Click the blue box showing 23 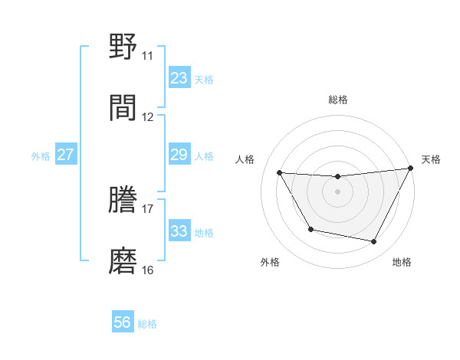click(x=179, y=77)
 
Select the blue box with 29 click(x=179, y=155)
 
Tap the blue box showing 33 click(x=179, y=231)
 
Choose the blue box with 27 click(x=65, y=155)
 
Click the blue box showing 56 click(x=122, y=322)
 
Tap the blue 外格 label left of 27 click(x=41, y=156)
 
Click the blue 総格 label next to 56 click(x=147, y=324)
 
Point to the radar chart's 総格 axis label click(x=337, y=100)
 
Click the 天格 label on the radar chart click(x=431, y=159)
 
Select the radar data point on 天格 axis click(x=411, y=169)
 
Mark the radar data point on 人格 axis click(x=280, y=173)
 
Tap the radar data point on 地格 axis click(x=374, y=242)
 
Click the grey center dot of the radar click(x=337, y=191)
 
